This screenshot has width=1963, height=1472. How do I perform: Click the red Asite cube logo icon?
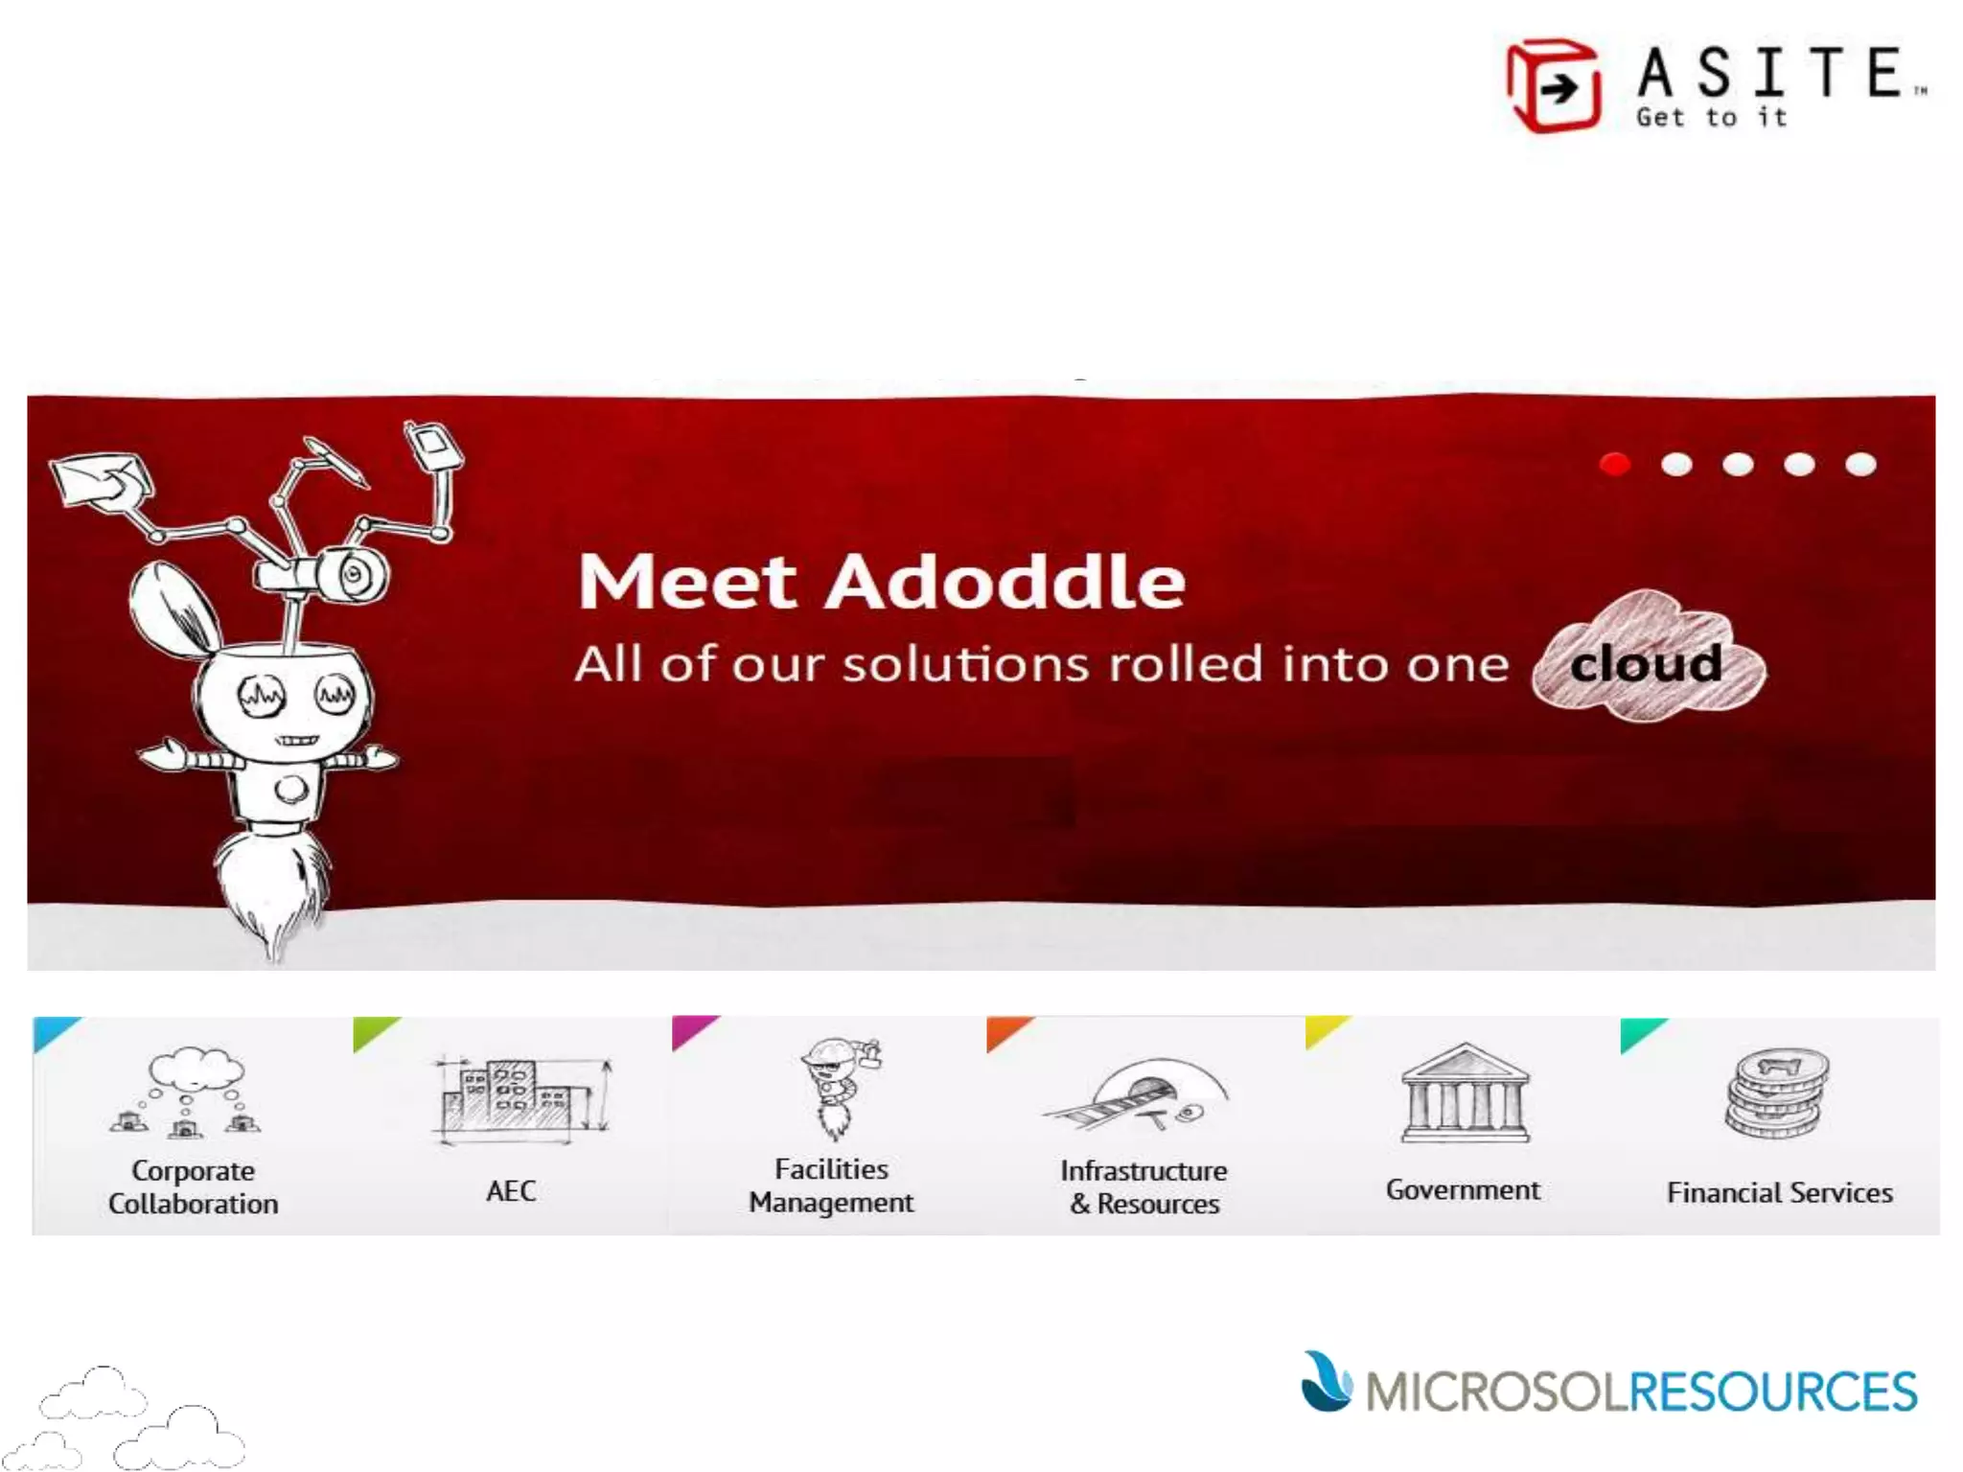(x=1553, y=86)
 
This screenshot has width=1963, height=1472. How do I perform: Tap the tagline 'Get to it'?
(x=1712, y=118)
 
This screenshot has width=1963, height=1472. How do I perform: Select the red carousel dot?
(x=1615, y=465)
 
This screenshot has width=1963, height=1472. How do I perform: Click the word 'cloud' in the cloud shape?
(x=1646, y=663)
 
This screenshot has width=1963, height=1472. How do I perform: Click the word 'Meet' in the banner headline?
(x=686, y=582)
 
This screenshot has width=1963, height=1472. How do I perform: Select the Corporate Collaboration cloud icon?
(x=192, y=1092)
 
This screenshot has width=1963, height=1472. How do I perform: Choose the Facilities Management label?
(x=831, y=1185)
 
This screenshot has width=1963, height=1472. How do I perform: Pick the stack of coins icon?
(x=1778, y=1092)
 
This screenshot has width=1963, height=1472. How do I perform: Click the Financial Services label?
(x=1779, y=1192)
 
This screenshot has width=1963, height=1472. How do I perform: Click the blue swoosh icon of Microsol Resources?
(x=1326, y=1382)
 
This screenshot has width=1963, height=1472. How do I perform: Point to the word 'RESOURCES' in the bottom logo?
(x=1773, y=1392)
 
